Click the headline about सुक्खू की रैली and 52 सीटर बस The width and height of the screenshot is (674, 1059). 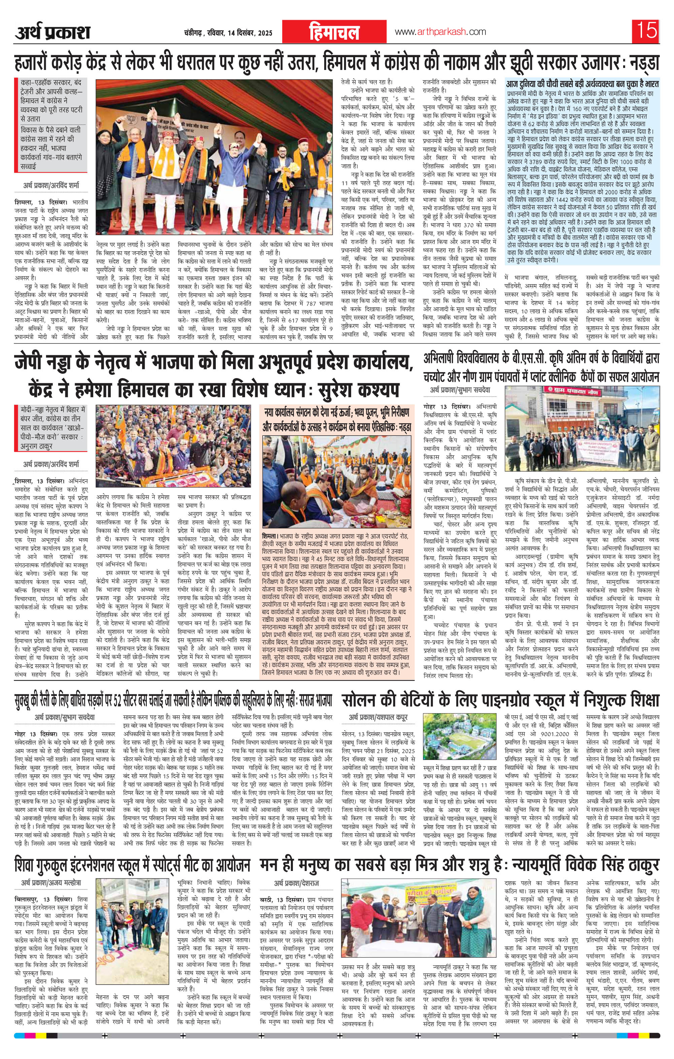172,700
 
